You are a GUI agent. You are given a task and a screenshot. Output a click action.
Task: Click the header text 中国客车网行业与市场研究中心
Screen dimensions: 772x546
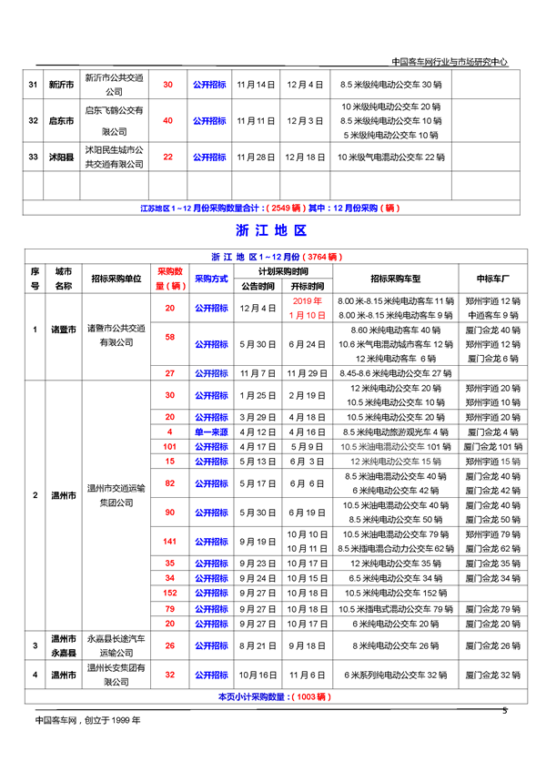(449, 62)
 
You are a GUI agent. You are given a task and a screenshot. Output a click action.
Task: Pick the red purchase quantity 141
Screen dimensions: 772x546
(169, 542)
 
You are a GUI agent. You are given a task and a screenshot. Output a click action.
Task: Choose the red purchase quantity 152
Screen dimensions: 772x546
(169, 593)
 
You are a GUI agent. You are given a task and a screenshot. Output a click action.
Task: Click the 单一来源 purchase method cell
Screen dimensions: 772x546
(210, 431)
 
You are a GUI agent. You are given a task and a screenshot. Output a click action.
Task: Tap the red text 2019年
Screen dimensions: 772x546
(308, 300)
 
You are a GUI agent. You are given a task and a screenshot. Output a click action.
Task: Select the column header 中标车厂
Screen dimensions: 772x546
(492, 278)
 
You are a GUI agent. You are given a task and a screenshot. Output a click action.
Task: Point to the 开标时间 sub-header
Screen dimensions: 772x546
(308, 285)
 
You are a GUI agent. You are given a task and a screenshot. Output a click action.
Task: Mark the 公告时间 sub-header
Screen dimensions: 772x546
(256, 285)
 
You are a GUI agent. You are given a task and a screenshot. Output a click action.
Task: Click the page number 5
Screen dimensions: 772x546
(504, 710)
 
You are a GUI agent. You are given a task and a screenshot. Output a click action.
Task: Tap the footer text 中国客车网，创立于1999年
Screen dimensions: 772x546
(87, 719)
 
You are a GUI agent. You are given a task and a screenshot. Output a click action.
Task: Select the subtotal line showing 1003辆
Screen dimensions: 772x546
(272, 696)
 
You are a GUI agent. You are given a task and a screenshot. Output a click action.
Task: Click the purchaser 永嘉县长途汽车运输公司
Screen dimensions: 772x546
(115, 646)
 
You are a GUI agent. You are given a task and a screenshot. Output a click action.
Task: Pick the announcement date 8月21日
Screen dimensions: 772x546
(256, 646)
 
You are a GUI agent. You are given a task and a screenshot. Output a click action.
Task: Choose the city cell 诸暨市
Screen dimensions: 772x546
(63, 330)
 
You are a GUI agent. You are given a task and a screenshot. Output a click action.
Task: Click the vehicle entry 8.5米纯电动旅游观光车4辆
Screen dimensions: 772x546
(395, 431)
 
